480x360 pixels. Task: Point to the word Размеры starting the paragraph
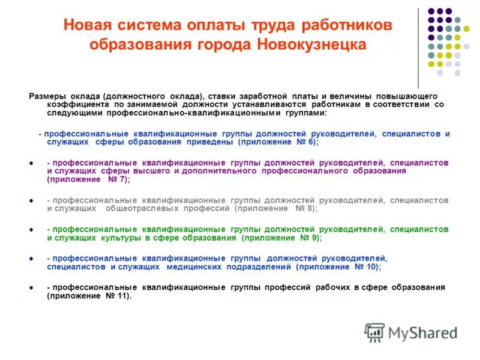click(46, 96)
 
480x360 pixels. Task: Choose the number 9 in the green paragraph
click(314, 238)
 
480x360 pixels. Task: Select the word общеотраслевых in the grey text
click(147, 208)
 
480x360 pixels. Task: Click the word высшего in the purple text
click(154, 171)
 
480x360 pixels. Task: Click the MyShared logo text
click(422, 332)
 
